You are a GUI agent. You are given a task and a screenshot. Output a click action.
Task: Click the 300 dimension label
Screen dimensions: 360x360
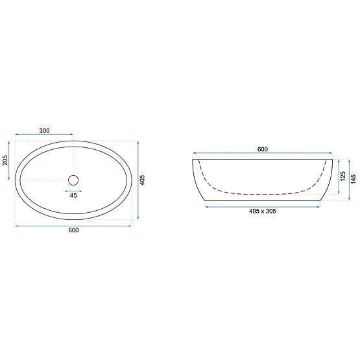[x=44, y=131]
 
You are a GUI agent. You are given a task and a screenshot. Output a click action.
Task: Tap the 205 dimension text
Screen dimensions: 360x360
[x=5, y=160]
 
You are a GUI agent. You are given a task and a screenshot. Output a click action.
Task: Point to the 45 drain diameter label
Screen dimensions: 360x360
[x=73, y=195]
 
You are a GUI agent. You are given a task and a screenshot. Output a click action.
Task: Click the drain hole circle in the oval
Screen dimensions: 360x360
[x=73, y=180]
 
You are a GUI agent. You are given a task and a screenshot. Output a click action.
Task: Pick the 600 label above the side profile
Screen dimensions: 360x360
[x=262, y=149]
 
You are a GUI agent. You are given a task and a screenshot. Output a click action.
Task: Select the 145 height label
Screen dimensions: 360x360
[x=354, y=179]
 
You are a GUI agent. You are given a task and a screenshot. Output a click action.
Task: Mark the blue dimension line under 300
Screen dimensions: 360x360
[x=44, y=136]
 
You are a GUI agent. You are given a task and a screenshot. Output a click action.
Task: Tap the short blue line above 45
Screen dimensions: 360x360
[x=73, y=190]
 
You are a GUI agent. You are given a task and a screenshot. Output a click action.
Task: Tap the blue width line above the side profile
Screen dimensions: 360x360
[x=262, y=154]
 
